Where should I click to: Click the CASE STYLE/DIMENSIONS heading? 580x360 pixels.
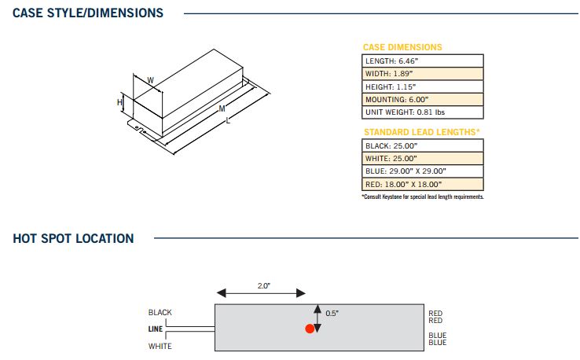(88, 13)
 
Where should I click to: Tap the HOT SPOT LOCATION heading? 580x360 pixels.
(73, 238)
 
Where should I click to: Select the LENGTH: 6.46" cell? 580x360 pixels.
(422, 61)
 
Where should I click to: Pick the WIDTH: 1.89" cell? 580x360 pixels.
(422, 73)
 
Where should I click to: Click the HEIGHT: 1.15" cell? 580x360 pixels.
(422, 86)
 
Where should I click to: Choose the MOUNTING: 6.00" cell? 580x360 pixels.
(422, 100)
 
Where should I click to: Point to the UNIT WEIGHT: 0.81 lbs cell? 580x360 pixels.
(422, 112)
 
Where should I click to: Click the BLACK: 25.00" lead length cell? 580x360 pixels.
(422, 145)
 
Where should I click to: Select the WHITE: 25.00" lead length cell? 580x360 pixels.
(422, 158)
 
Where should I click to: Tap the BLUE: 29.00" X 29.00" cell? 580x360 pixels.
(422, 171)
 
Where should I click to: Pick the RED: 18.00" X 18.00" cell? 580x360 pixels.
(422, 184)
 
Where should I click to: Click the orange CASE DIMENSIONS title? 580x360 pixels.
(402, 47)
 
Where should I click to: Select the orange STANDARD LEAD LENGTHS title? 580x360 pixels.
(421, 132)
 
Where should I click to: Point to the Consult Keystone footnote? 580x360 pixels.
(422, 197)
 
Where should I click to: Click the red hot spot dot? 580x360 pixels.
(310, 329)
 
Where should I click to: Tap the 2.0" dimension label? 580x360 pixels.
(262, 285)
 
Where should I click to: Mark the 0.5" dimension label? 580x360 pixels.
(332, 313)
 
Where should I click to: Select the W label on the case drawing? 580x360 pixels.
(150, 79)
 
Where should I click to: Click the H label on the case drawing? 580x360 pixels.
(120, 102)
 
